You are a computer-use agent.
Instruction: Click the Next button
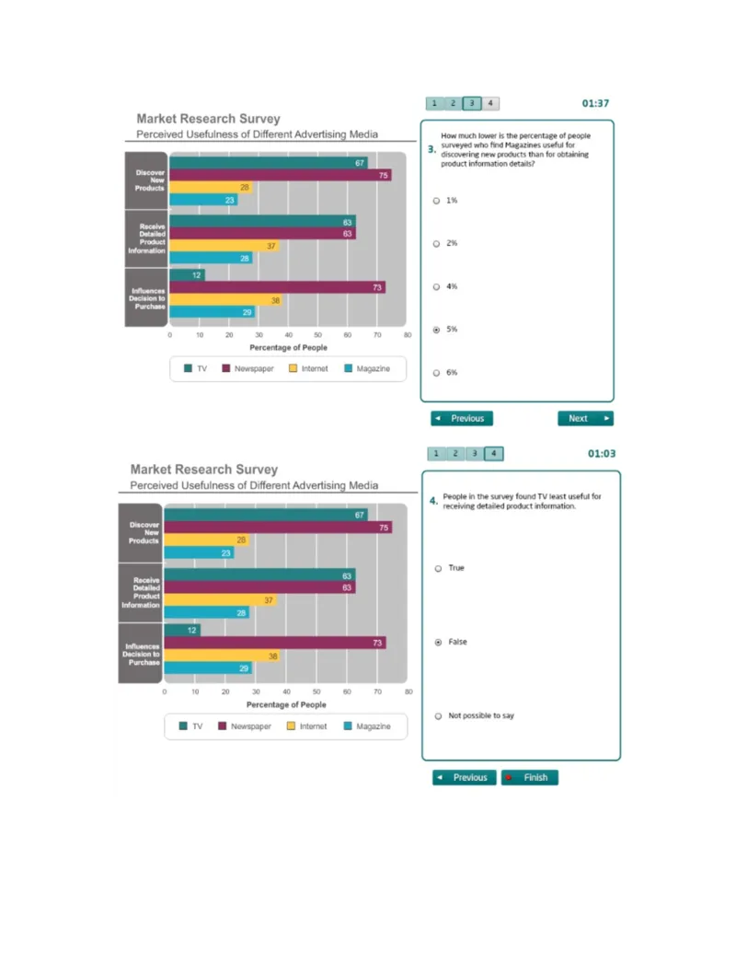click(585, 418)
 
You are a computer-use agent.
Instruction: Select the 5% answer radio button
click(436, 330)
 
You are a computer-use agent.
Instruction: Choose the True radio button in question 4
click(438, 568)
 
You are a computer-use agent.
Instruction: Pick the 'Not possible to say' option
click(438, 715)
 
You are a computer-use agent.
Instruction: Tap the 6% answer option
click(436, 373)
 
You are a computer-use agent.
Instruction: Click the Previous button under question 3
click(462, 418)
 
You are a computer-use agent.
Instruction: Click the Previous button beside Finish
click(465, 777)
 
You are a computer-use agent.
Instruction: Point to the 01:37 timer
click(595, 103)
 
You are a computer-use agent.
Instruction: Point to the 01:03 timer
click(602, 453)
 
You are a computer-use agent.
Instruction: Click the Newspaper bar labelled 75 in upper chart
click(280, 175)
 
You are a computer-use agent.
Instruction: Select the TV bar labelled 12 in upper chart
click(187, 275)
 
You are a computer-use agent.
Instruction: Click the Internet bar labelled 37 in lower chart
click(220, 599)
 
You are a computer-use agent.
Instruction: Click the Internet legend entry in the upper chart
click(308, 368)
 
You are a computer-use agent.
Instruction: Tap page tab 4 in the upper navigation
click(490, 103)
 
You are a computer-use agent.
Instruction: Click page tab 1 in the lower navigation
click(435, 453)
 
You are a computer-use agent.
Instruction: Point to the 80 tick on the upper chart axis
click(407, 336)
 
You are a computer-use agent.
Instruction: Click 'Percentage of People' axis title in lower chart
click(286, 704)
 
